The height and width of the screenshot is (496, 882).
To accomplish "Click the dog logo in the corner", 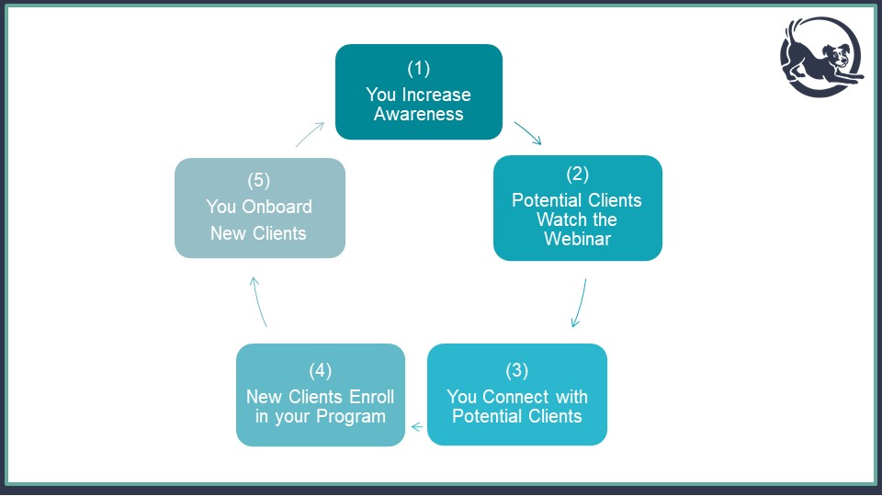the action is (821, 56).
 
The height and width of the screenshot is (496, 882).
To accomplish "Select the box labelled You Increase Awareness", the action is (419, 92).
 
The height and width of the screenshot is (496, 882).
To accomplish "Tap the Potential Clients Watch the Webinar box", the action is (578, 209).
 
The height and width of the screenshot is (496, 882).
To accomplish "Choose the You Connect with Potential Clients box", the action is (517, 395).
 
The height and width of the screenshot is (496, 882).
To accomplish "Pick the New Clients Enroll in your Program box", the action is (321, 395).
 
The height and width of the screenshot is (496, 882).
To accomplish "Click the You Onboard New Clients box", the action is (260, 209).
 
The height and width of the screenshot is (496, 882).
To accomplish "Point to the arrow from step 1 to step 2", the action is (527, 133).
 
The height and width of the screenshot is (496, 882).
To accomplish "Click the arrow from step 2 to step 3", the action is (580, 302).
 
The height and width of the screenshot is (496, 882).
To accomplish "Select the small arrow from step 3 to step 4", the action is (417, 427).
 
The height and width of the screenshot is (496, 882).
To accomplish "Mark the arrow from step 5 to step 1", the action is (310, 134).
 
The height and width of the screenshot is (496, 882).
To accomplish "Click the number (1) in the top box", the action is (419, 69).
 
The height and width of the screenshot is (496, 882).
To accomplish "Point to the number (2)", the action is (578, 175).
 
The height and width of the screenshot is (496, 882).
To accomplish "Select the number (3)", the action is (517, 370).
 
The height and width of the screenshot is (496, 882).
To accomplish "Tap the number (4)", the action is (321, 370).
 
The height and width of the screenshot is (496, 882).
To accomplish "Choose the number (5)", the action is (259, 181).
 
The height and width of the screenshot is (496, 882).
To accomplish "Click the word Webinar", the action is (578, 239).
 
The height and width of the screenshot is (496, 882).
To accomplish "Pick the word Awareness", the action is (419, 114).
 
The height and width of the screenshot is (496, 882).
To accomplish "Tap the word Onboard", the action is (277, 207).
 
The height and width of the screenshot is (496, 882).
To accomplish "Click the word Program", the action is (351, 417).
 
